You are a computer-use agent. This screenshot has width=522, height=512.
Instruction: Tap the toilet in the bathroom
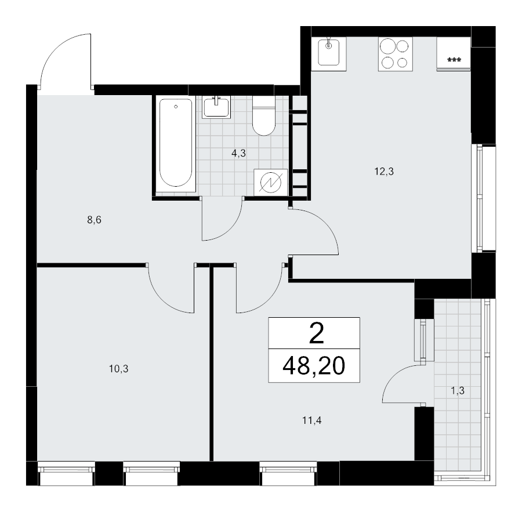coord(264,115)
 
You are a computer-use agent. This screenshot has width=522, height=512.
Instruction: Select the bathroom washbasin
coord(216,107)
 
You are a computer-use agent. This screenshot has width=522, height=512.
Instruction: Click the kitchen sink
coord(329,53)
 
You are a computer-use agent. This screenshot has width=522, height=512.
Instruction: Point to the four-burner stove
coord(395,53)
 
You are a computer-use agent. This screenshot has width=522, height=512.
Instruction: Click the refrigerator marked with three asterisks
coord(454,53)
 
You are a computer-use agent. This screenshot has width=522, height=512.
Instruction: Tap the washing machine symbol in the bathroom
coord(271,182)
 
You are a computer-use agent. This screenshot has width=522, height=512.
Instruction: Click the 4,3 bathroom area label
coord(238,154)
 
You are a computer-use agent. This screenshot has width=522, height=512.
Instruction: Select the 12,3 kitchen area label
coord(384,172)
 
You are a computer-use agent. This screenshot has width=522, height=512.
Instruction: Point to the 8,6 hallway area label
coord(94,220)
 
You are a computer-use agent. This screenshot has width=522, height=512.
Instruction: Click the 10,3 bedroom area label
coord(119,369)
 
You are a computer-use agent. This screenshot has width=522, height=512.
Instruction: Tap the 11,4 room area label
coord(311,421)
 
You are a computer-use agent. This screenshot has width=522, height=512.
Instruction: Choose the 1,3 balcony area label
coord(458,390)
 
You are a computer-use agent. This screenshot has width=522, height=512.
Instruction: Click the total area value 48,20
coord(314,366)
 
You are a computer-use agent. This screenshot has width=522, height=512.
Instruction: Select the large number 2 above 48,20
coord(317,334)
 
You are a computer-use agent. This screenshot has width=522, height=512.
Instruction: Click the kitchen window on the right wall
coord(480,198)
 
